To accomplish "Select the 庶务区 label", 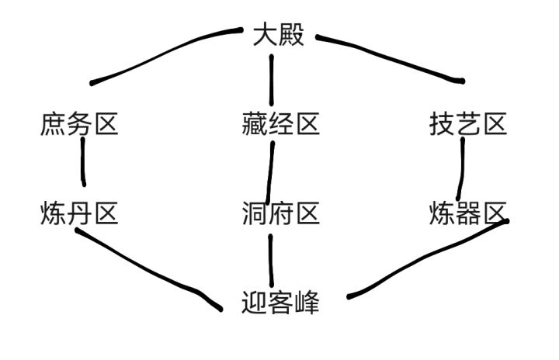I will (78, 124).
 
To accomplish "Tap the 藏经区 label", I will (280, 124).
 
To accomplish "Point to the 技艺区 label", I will (468, 124).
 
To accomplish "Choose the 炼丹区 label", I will (78, 213).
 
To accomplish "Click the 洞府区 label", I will (280, 213).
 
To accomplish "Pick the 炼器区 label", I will (468, 213).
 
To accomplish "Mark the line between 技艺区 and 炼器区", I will (462, 167).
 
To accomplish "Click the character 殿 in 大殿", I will (292, 36).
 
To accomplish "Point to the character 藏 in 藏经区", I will (254, 124).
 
